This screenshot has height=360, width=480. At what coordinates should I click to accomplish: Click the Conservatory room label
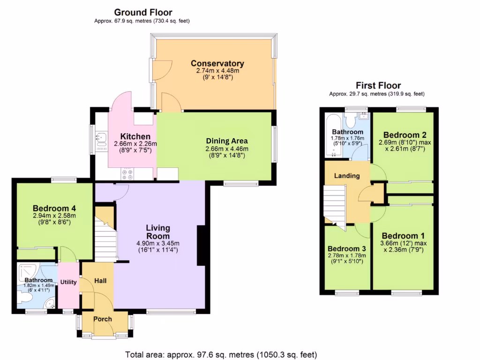pos(217,64)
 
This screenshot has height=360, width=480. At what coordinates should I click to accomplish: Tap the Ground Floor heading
pos(143,13)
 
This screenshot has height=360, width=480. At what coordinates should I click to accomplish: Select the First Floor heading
pos(378,85)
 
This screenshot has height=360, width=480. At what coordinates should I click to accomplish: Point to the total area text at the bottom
pos(221,354)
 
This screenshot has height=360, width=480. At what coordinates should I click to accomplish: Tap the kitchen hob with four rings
pos(127,174)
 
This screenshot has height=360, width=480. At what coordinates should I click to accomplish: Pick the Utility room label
pos(68,282)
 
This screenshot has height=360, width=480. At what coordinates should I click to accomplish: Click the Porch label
pos(103,319)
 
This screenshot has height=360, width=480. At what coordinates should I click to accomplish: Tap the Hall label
pos(100,281)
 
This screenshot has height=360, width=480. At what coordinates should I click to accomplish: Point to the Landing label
pos(347,176)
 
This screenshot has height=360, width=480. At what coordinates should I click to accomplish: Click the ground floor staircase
pos(105,239)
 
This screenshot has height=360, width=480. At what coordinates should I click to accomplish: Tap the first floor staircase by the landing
pos(335,204)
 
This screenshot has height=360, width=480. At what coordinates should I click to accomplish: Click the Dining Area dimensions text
pos(226,149)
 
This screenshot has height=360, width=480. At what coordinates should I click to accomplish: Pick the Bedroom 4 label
pos(54,209)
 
